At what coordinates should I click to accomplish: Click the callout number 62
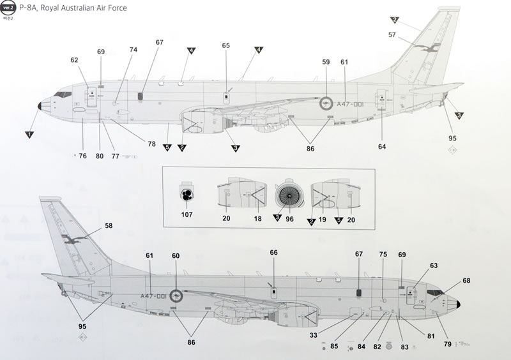(x=74, y=60)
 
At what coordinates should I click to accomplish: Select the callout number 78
(x=151, y=144)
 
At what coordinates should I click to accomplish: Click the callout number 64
(x=382, y=147)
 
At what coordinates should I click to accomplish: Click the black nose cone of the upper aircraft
(x=40, y=106)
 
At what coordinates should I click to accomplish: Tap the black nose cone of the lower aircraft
(x=459, y=302)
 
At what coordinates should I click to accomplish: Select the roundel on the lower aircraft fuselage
(x=176, y=296)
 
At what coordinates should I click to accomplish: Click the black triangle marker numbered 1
(x=28, y=134)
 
